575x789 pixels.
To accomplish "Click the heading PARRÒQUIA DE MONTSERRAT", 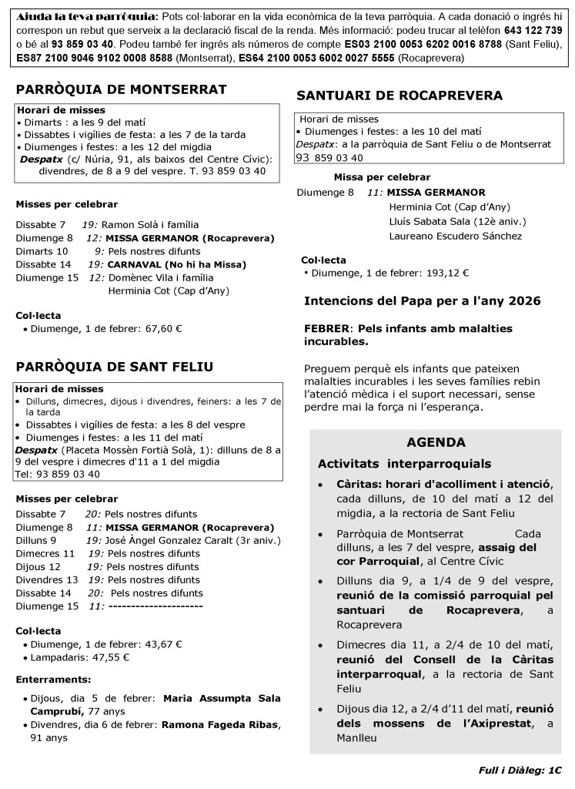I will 121,89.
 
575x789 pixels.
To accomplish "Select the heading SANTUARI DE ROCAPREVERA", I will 399,96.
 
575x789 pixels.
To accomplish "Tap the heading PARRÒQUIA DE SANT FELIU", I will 115,366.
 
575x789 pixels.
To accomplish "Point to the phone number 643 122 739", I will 533,29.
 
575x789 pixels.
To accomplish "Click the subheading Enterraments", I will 53,679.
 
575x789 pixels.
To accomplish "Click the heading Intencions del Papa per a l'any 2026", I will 422,300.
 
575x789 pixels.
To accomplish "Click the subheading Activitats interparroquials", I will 404,464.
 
